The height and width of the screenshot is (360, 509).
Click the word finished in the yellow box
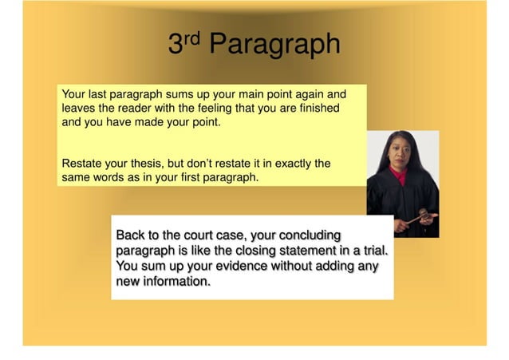point(317,109)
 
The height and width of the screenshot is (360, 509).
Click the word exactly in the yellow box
point(288,163)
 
